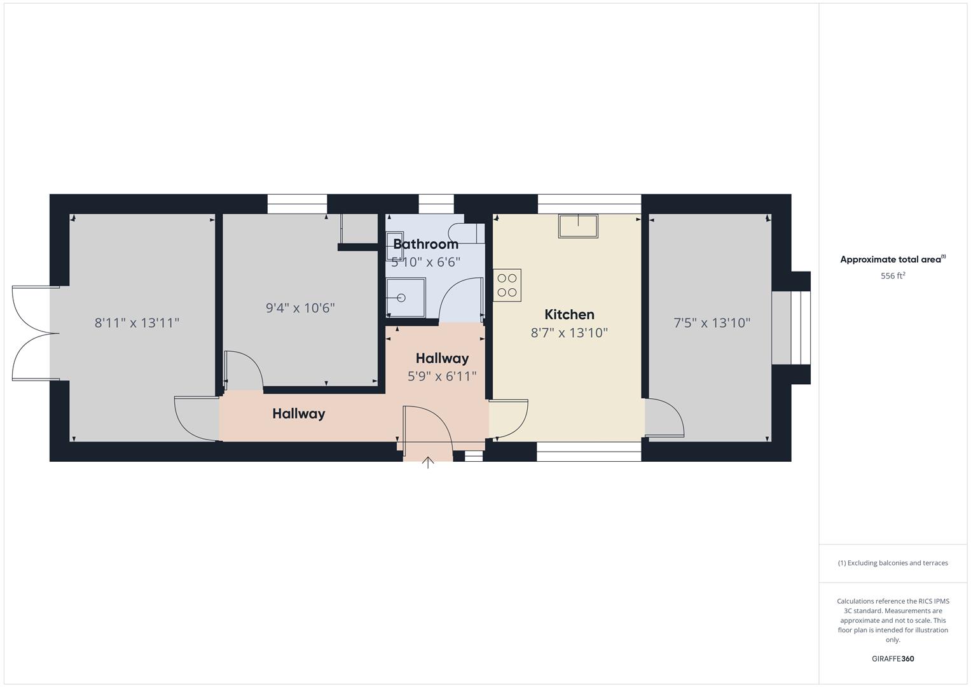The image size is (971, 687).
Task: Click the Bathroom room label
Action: tap(425, 244)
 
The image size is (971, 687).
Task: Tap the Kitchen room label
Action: tap(569, 314)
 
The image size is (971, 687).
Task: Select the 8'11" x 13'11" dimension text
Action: tap(137, 323)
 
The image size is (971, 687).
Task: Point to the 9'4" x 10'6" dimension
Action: tap(300, 308)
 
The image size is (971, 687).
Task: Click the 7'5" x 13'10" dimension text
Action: tap(712, 323)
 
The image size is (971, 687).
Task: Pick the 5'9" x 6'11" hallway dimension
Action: tap(442, 376)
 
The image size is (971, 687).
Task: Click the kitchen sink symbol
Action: tap(578, 226)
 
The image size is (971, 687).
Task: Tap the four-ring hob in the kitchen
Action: tap(507, 285)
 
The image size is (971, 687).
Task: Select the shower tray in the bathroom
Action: tap(406, 297)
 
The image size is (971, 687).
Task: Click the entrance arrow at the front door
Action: tap(428, 462)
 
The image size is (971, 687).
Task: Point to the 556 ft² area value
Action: tap(893, 276)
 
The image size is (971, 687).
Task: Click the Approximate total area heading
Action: tap(892, 260)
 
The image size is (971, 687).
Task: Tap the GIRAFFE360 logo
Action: tap(892, 659)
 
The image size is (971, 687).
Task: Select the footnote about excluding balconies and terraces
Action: tap(893, 563)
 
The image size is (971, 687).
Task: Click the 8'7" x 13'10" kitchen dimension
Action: tap(569, 333)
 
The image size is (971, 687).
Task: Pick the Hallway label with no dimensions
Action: tap(298, 413)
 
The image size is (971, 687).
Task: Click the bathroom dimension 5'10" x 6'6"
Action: tap(425, 261)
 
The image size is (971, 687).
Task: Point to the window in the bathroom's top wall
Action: tap(436, 204)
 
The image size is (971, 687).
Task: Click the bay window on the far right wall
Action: tap(791, 328)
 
